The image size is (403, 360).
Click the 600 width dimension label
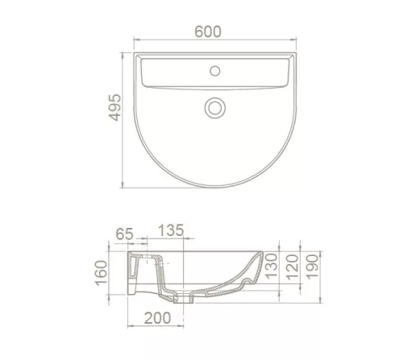(208, 31)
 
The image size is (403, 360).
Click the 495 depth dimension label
(114, 107)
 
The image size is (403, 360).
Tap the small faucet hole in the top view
(214, 71)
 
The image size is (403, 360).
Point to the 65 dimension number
(124, 234)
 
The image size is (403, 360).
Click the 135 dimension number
(171, 230)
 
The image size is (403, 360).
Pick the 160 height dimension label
(102, 273)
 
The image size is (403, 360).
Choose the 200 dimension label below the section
(157, 318)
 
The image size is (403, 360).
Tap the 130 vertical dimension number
(271, 266)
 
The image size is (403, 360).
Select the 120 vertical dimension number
(293, 267)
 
